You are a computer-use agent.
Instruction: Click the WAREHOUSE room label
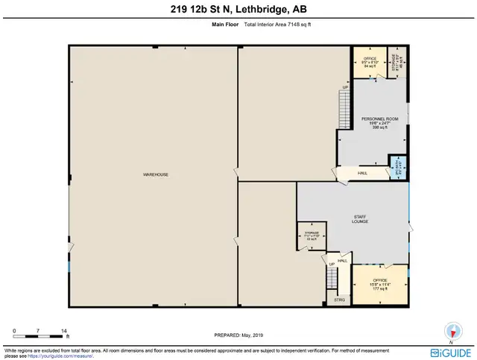156,174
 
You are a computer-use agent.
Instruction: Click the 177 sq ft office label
380,282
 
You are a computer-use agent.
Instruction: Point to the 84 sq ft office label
369,62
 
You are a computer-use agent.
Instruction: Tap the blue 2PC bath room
397,168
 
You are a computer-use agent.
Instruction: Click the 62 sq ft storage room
312,235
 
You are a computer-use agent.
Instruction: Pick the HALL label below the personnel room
362,174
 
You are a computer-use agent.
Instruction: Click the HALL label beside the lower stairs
343,261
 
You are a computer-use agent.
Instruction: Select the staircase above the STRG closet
332,280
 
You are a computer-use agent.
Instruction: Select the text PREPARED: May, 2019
238,335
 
